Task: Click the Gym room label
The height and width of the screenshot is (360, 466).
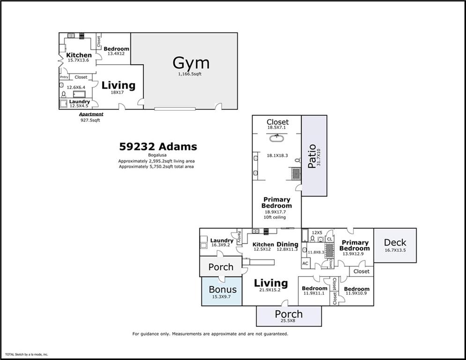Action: (x=191, y=63)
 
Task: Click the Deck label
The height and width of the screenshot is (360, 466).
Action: (x=395, y=242)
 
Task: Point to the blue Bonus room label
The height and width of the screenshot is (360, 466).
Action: (x=222, y=289)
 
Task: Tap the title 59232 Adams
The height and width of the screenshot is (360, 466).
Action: (x=158, y=147)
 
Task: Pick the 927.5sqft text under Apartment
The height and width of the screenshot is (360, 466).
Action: (x=90, y=120)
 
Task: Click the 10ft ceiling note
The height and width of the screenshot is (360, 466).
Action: (x=276, y=217)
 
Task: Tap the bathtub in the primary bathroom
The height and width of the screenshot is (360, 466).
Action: (x=277, y=138)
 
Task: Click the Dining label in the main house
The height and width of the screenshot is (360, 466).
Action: (x=287, y=244)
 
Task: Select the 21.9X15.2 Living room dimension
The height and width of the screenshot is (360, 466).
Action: (x=271, y=290)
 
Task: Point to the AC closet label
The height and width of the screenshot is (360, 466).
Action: (x=305, y=263)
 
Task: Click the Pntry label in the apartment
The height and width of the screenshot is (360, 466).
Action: (x=64, y=77)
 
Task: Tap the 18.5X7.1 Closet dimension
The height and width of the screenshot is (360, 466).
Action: (x=277, y=127)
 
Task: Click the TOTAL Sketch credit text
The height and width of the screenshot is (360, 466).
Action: (x=26, y=354)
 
